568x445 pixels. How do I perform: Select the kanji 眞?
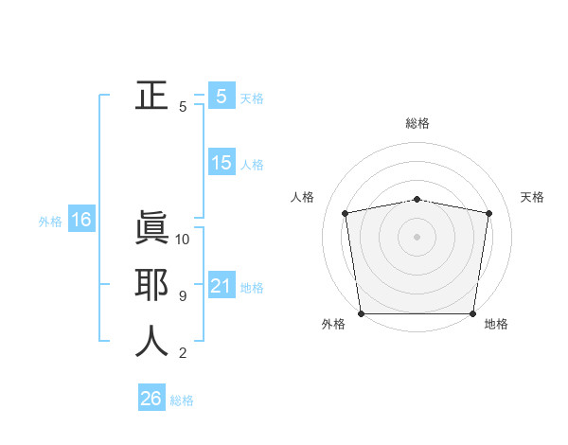point(151,229)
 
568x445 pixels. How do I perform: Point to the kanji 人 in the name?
point(151,342)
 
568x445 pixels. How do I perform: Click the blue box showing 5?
point(222,96)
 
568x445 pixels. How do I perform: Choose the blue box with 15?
point(222,163)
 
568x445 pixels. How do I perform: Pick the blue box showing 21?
point(222,286)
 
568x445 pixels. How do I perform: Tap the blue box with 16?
point(80,221)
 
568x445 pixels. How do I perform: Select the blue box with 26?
point(151,399)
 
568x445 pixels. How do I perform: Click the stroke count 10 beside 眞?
point(183,240)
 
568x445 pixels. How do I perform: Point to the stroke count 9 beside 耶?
point(183,296)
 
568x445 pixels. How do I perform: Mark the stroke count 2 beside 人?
point(183,354)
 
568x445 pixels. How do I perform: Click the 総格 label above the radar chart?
point(417,123)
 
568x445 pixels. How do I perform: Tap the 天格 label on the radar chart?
point(533,197)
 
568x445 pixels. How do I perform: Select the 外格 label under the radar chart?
point(333,324)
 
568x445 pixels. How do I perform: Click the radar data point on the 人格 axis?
point(346,213)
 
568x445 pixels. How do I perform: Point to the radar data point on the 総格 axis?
point(417,199)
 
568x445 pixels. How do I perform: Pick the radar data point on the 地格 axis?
point(473,313)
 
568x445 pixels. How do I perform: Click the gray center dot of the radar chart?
point(417,237)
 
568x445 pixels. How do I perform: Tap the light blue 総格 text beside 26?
point(182,400)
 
